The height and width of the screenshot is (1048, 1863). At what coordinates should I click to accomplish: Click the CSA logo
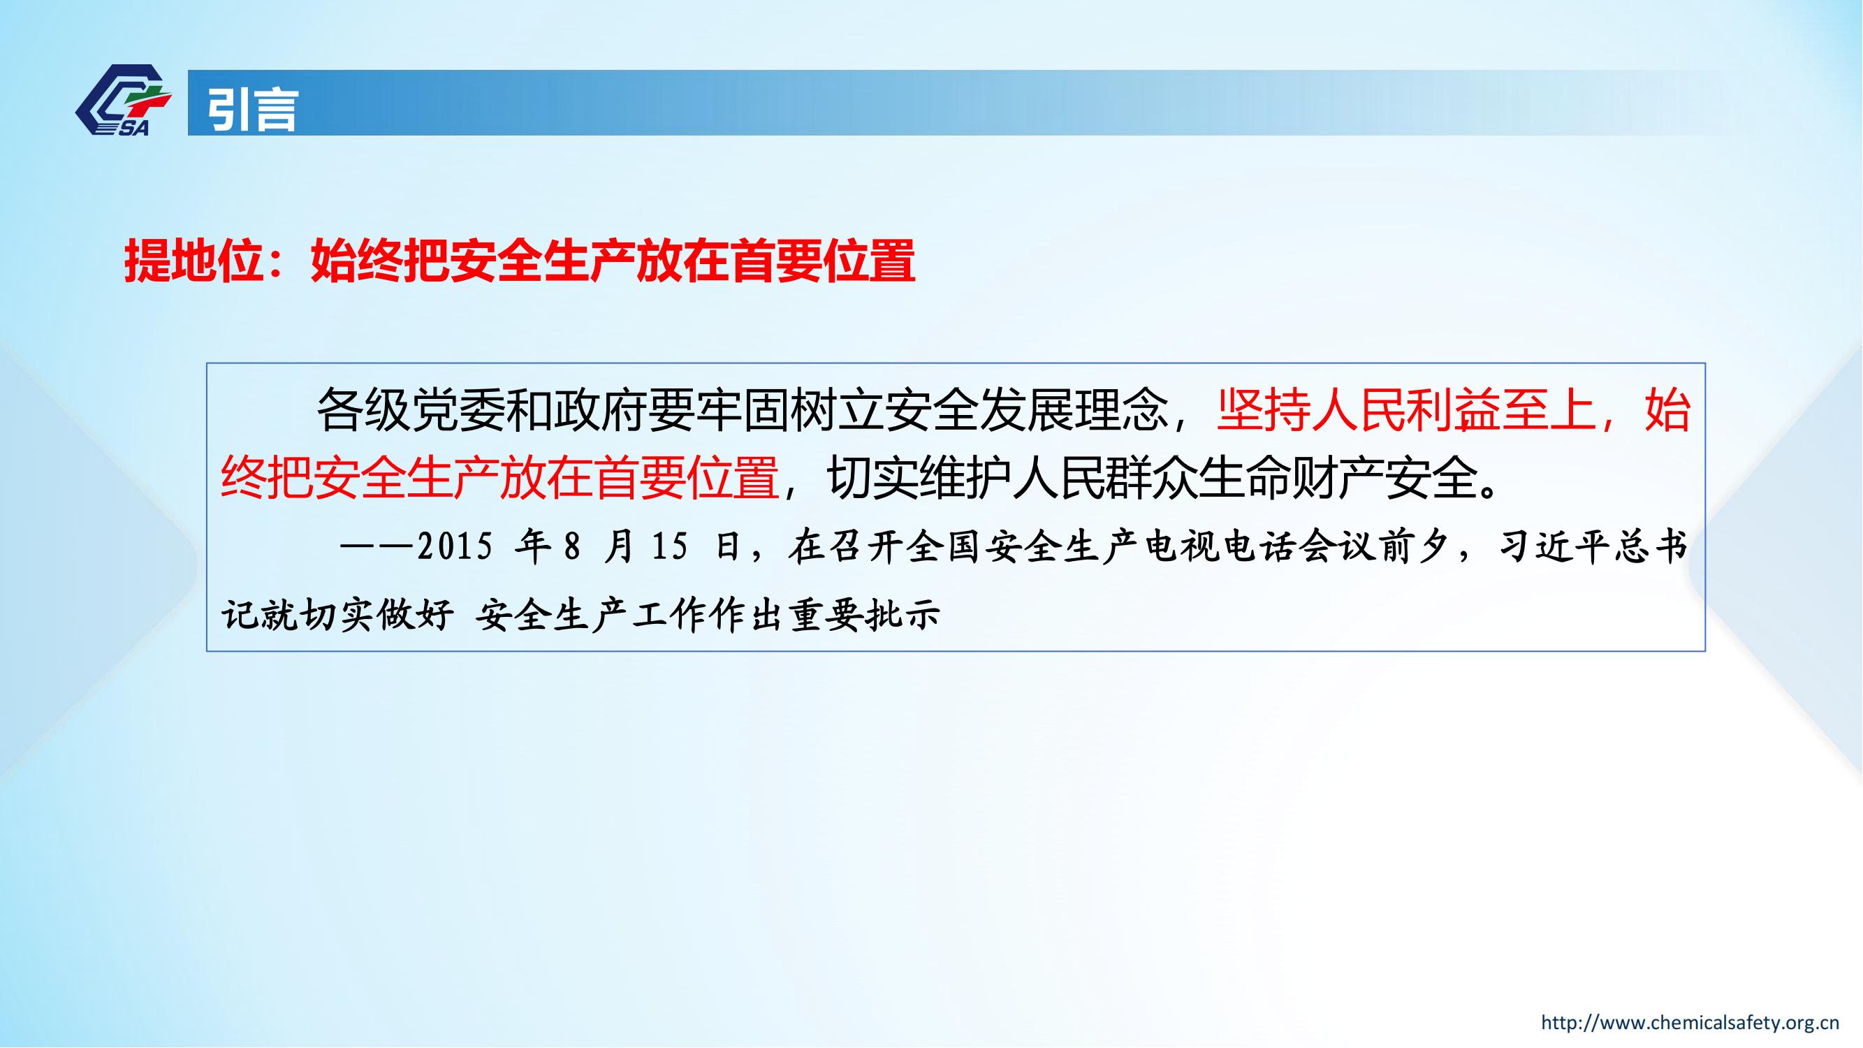[x=123, y=101]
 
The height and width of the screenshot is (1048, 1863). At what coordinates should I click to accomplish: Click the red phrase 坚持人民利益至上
[x=1405, y=410]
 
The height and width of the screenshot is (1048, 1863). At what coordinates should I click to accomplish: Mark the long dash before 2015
[x=377, y=548]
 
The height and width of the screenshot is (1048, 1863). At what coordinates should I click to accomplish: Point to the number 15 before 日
[x=669, y=547]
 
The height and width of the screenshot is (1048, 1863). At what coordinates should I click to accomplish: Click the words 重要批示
[x=864, y=615]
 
